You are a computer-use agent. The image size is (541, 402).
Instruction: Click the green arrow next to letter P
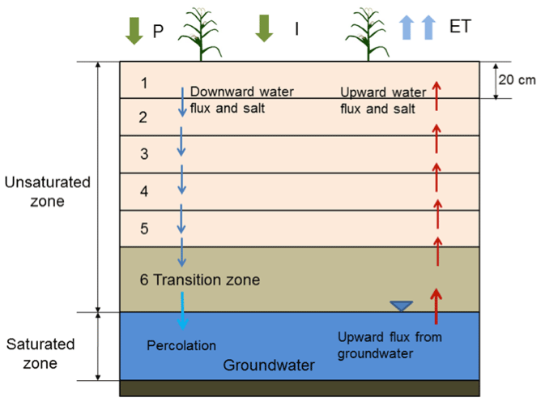click(132, 29)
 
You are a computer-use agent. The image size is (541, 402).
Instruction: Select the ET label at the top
click(460, 28)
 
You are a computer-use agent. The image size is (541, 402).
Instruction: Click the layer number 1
click(144, 83)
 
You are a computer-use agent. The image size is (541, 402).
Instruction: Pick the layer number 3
click(143, 154)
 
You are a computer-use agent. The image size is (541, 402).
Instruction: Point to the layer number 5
click(144, 229)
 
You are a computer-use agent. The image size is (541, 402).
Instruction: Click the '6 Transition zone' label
click(199, 280)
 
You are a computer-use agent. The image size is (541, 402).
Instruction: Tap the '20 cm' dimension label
click(515, 79)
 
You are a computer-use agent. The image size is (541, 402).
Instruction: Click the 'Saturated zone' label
click(40, 354)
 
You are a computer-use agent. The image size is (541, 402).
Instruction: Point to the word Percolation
click(181, 346)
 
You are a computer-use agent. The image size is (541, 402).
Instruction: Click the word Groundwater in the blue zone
click(269, 366)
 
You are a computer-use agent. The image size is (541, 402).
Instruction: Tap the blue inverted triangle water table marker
click(401, 306)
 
